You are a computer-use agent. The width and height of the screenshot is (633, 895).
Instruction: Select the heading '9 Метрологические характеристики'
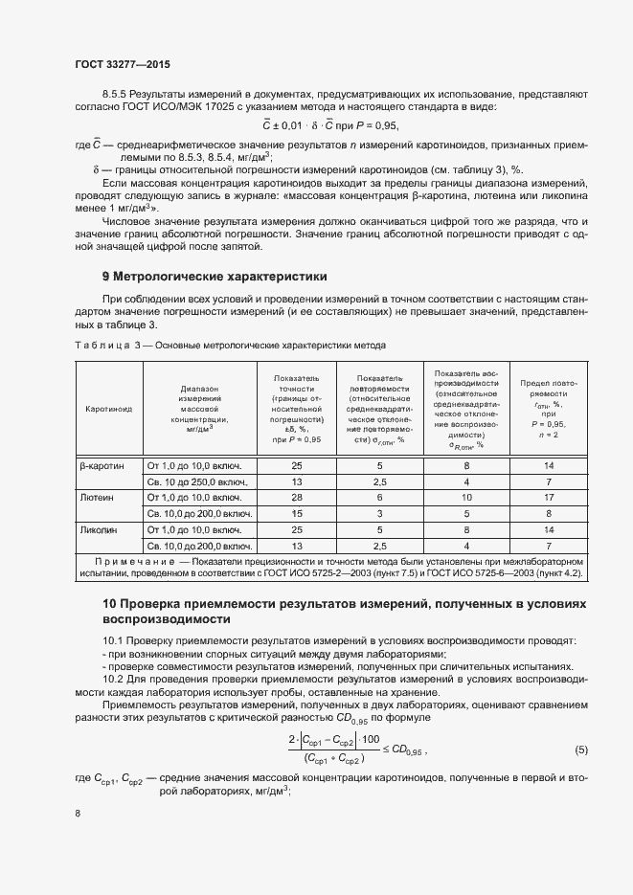pyautogui.click(x=215, y=277)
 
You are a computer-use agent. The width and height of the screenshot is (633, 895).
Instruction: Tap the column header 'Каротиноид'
pyautogui.click(x=108, y=408)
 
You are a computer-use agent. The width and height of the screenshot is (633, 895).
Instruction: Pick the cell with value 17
pyautogui.click(x=549, y=498)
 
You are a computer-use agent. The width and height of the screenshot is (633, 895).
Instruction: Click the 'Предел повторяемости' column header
pyautogui.click(x=549, y=408)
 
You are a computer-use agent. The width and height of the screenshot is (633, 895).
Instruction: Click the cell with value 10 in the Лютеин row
pyautogui.click(x=466, y=498)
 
